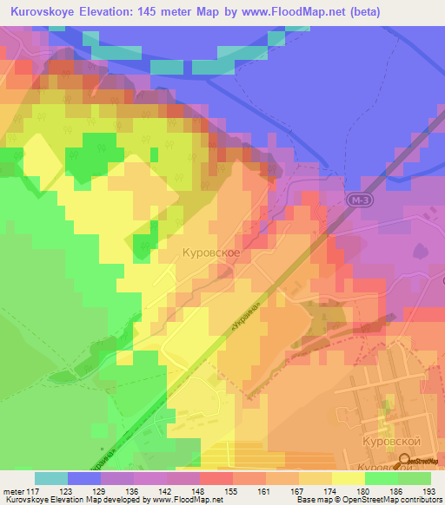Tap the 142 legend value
(166, 491)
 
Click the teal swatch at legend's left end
(51, 478)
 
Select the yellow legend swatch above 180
(349, 478)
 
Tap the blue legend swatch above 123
(84, 478)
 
